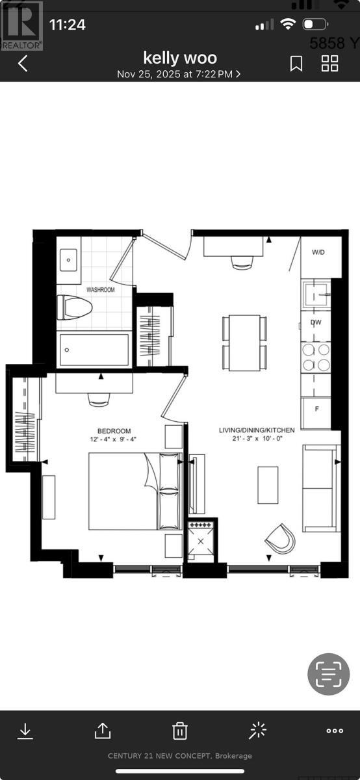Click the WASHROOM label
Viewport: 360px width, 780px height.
[x=101, y=289]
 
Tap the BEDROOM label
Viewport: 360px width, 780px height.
[x=114, y=431]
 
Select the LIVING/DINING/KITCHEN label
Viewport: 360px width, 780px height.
[x=257, y=430]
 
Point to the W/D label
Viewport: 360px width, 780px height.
[x=318, y=252]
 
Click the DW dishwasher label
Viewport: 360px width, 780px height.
[x=316, y=322]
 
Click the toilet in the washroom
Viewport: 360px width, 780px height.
[x=75, y=307]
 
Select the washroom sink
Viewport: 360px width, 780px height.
[x=68, y=260]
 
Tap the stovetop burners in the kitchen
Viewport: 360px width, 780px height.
[x=316, y=357]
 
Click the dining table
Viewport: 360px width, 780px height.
[x=244, y=343]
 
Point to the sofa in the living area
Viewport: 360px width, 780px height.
[x=320, y=487]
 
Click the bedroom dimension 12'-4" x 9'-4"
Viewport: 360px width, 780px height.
[x=114, y=440]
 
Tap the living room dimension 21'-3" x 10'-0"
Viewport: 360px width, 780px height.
[x=257, y=439]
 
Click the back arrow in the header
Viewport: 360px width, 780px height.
[x=23, y=63]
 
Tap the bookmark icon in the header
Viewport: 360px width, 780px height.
[x=296, y=63]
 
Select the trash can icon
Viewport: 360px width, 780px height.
[x=180, y=731]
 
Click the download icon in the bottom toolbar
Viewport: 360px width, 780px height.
[x=25, y=731]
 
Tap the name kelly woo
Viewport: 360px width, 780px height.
[x=180, y=58]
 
